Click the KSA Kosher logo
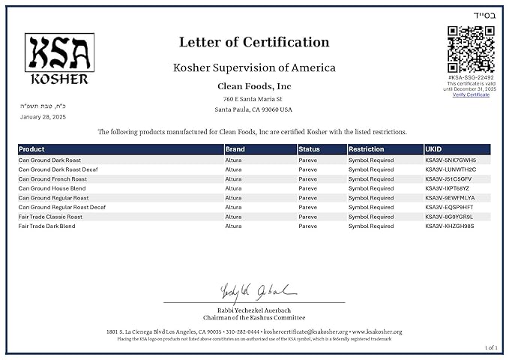pos(60,58)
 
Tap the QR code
pos(471,49)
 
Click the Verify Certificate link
pos(471,94)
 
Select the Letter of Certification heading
pos(254,43)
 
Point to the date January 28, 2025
pos(43,117)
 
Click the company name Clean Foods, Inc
pos(254,86)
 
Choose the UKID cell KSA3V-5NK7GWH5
pos(451,160)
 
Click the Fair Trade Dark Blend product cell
pos(46,226)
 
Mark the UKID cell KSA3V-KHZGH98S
pos(450,226)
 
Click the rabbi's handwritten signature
pos(248,291)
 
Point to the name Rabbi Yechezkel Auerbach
pos(254,310)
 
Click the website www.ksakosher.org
pos(377,331)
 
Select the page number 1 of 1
pos(491,347)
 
